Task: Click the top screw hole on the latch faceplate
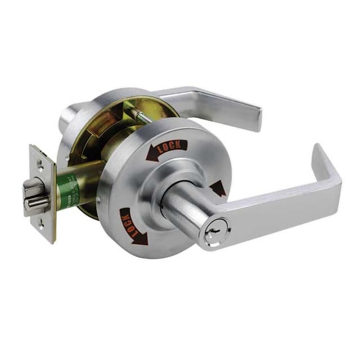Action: [41, 163]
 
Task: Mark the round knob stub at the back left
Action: [70, 115]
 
